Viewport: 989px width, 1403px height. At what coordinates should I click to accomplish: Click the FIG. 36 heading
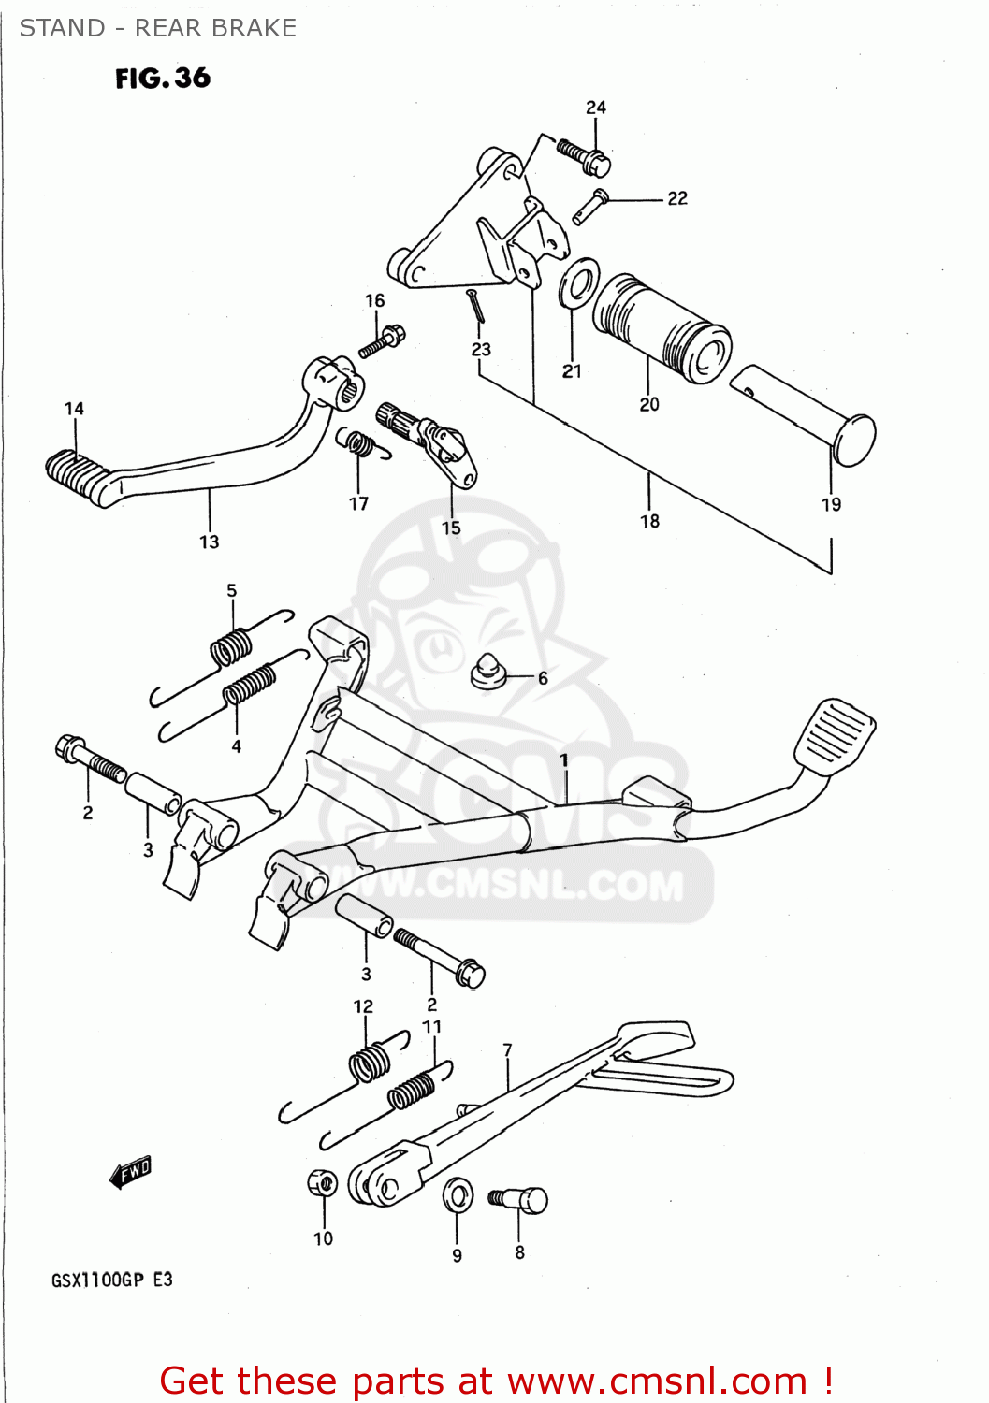click(163, 79)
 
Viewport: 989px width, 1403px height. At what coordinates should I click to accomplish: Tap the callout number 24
click(596, 108)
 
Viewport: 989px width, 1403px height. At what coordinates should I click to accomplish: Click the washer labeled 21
click(579, 282)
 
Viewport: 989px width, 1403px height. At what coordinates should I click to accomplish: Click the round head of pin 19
click(853, 441)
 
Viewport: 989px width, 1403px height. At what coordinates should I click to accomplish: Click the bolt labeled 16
click(382, 341)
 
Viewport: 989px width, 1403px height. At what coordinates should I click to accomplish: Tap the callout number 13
click(209, 542)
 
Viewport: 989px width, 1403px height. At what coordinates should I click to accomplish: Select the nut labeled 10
click(322, 1183)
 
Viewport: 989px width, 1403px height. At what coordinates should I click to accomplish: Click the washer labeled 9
click(458, 1194)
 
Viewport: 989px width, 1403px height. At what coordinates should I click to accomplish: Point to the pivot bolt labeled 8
click(520, 1199)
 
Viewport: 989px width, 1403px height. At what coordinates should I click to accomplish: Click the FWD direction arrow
click(130, 1171)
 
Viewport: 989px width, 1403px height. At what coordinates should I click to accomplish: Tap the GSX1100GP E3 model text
click(112, 1280)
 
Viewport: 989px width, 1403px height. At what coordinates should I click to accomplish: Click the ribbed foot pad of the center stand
click(835, 734)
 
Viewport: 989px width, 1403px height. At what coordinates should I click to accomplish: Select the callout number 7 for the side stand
click(507, 1049)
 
